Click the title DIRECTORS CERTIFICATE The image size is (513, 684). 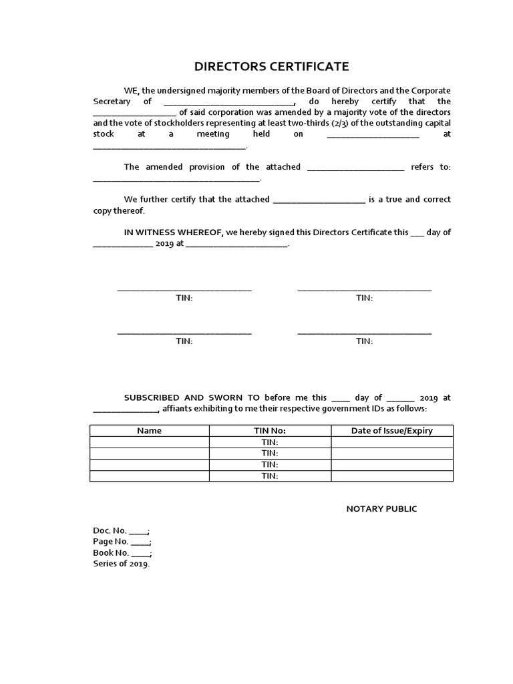tap(271, 66)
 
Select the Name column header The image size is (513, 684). tap(149, 431)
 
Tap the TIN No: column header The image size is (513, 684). tap(270, 431)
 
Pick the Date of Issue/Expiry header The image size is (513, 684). tap(392, 431)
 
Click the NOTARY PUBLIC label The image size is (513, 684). tap(381, 509)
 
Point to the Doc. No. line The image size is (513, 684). tap(121, 531)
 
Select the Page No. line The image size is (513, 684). tap(122, 542)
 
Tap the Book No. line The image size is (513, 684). tap(122, 553)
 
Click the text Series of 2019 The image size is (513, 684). tap(122, 564)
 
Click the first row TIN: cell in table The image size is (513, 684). tap(270, 442)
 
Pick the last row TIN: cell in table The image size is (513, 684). tap(270, 476)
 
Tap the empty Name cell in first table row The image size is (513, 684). tap(150, 442)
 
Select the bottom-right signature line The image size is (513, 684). tap(364, 333)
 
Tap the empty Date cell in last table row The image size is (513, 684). tap(392, 476)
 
